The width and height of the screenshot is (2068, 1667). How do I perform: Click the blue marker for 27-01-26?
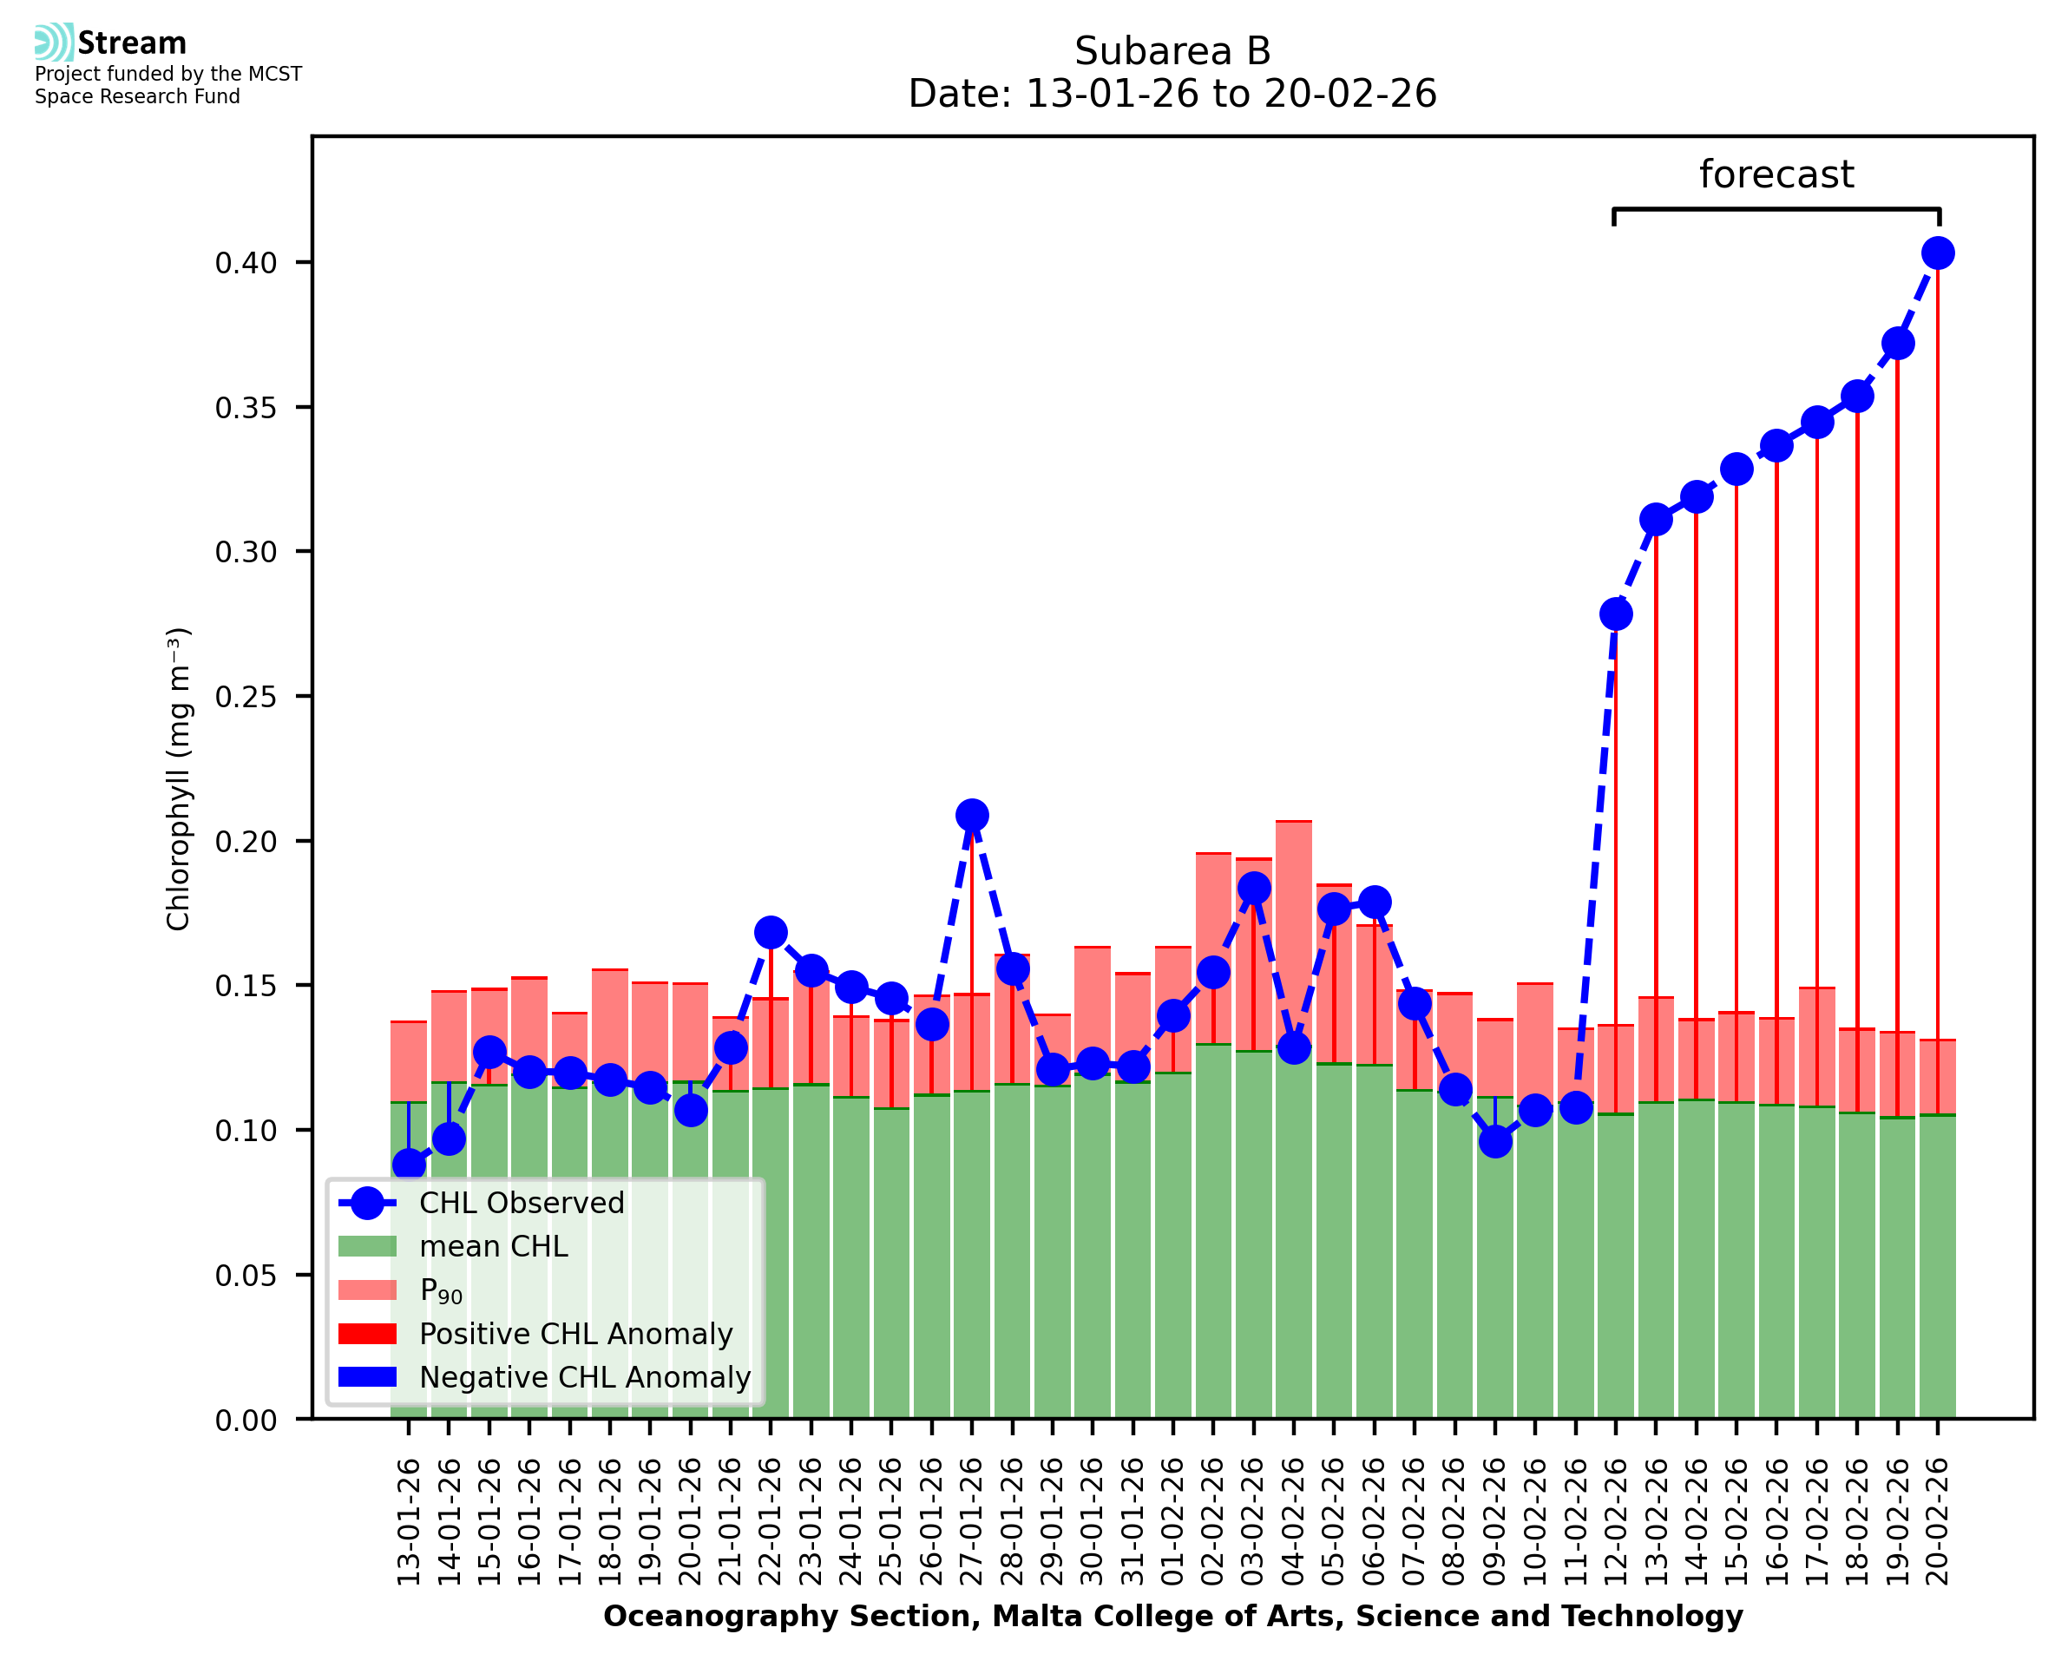pos(972,815)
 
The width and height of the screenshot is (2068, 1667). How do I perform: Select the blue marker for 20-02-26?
pos(1938,253)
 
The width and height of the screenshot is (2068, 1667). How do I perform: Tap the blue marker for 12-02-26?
pos(1616,614)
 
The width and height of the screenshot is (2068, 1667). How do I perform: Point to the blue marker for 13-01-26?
pos(409,1165)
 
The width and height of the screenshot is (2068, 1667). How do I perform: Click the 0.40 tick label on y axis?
pos(246,263)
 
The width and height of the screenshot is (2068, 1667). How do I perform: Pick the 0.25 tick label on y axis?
pos(246,697)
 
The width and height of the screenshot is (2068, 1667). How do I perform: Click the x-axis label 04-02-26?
pos(1293,1521)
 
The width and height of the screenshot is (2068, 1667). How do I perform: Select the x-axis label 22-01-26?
pos(770,1521)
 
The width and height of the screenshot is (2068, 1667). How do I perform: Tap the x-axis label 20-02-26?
pos(1938,1521)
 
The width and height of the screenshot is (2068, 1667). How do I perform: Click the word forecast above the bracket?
pos(1776,174)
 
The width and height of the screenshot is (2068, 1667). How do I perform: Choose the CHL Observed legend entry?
pos(522,1204)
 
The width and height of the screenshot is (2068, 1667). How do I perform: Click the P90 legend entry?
pos(441,1290)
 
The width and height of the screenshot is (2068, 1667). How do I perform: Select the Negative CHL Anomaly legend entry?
pos(585,1377)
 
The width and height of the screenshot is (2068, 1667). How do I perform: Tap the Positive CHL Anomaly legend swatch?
pos(367,1334)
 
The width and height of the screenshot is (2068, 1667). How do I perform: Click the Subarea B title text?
pos(1172,51)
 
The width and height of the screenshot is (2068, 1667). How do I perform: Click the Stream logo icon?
pos(54,43)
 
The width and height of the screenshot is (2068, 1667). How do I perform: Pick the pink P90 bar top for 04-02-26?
pos(1293,823)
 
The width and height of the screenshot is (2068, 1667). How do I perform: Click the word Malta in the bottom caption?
pos(1027,1616)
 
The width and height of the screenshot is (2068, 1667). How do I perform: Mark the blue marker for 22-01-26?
pos(770,932)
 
